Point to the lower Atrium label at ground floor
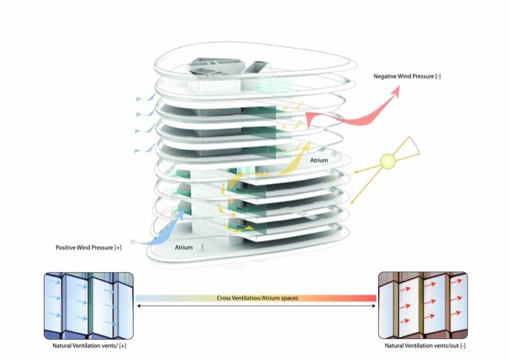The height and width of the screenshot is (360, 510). coord(184,247)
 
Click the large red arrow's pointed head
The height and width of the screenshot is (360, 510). coord(394,91)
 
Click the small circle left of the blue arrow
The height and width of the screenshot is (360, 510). coord(132,241)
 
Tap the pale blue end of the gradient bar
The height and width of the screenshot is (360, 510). coord(142,298)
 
